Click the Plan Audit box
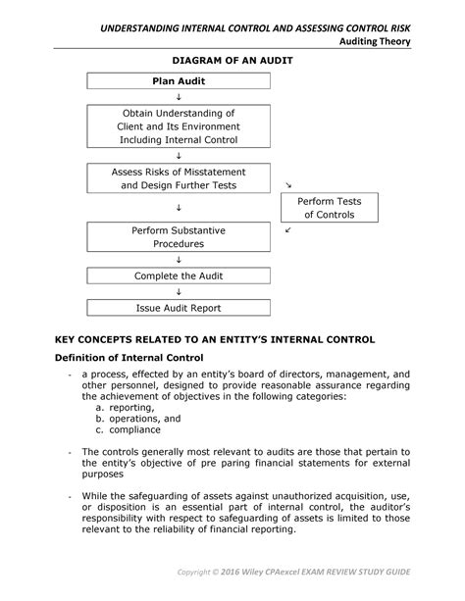coord(179,80)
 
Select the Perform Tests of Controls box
coord(322,208)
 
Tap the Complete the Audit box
coord(179,275)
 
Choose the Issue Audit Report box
coord(179,308)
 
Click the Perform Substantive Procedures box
coord(179,237)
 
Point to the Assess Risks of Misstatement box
coord(179,178)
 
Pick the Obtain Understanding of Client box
coord(179,126)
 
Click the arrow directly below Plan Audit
coord(179,98)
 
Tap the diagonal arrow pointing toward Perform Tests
coord(287,184)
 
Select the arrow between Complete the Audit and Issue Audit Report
coord(179,292)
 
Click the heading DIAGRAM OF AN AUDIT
coord(232,60)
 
